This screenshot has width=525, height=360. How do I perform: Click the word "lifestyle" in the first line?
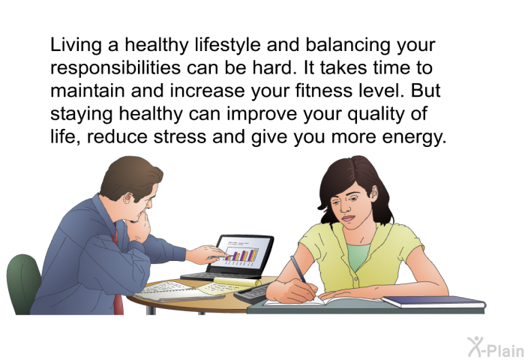point(228,45)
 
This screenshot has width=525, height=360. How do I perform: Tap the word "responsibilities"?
point(115,68)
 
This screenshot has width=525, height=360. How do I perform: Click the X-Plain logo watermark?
point(496,347)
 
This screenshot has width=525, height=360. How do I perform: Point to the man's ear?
point(127,199)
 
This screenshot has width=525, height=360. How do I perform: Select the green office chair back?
point(23,281)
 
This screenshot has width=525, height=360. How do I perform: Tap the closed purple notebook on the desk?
point(433,301)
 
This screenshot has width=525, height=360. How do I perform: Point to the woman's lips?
point(348,218)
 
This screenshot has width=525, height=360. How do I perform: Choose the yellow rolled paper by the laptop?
point(237,282)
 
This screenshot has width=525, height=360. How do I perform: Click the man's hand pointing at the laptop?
point(205,254)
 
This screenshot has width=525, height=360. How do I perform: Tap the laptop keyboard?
point(217,276)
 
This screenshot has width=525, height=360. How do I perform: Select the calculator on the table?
point(252,294)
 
